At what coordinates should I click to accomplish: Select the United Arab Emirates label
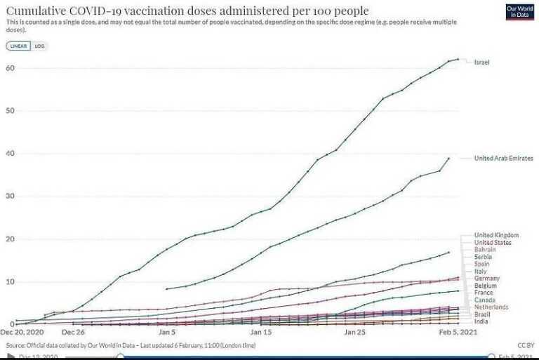[503, 159]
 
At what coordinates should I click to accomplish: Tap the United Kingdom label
[496, 234]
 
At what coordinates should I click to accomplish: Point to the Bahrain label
[485, 249]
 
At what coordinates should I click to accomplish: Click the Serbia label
[483, 257]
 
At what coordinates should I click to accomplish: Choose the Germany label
[486, 279]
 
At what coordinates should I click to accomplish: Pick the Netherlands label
[491, 307]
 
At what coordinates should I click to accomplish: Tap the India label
[481, 321]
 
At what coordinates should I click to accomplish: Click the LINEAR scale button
[18, 46]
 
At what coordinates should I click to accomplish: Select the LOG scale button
[39, 46]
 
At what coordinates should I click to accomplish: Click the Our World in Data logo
[519, 12]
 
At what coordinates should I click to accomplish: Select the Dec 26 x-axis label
[73, 332]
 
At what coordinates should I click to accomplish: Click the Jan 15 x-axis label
[261, 332]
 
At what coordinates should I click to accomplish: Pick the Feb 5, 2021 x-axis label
[449, 332]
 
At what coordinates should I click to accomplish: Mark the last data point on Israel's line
[458, 59]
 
